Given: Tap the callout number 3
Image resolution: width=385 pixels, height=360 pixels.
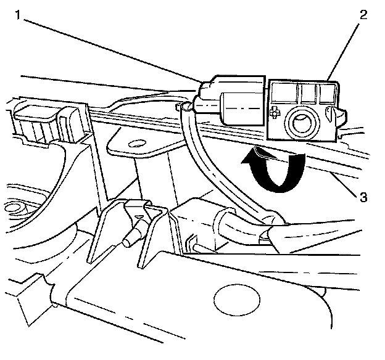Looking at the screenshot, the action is [x=364, y=197].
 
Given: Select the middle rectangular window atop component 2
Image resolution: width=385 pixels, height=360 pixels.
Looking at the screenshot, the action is [x=306, y=93].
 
